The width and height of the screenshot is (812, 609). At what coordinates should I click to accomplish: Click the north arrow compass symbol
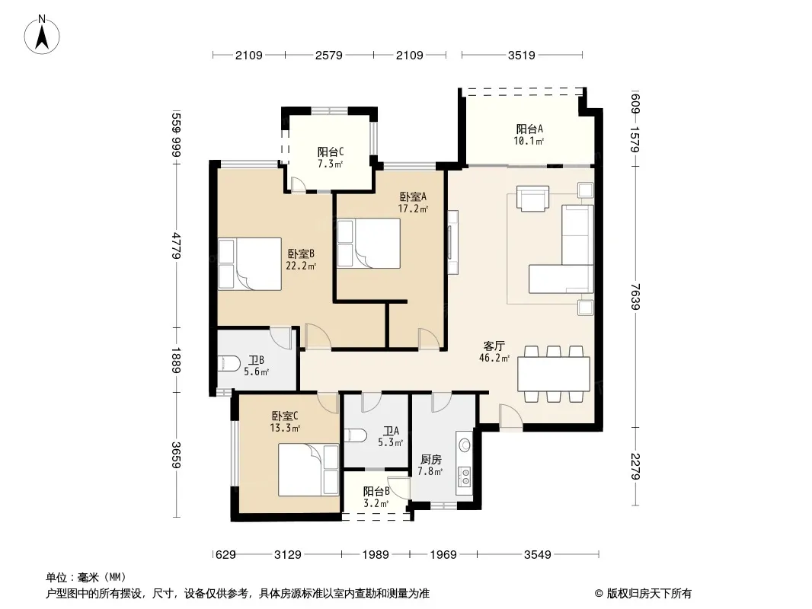point(42,35)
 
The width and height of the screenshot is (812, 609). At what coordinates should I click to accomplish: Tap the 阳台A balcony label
point(529,135)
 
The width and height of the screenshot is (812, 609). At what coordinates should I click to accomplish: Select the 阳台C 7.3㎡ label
point(331,158)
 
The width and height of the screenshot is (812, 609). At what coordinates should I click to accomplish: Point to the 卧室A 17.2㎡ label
point(414,202)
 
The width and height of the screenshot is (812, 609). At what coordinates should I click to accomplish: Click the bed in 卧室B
point(250,263)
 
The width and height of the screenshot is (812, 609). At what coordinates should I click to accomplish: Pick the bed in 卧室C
point(308,470)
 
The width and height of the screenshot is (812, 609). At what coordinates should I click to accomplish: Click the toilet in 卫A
point(355,435)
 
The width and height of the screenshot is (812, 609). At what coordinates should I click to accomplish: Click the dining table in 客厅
point(554,374)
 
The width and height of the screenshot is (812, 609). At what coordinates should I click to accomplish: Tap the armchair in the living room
point(533,199)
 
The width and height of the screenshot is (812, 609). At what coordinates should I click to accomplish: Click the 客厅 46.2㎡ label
point(494,352)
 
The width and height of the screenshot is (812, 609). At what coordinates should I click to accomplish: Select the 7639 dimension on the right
point(636,296)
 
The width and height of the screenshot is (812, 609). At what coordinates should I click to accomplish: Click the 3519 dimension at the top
point(522,55)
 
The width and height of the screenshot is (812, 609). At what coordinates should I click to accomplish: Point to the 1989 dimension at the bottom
point(376,555)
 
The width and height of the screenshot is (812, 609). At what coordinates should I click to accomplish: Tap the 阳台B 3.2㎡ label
point(376,497)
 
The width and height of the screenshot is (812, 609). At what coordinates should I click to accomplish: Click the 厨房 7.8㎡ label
point(431,465)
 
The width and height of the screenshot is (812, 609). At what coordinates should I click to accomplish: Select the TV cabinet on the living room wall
point(453,242)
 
